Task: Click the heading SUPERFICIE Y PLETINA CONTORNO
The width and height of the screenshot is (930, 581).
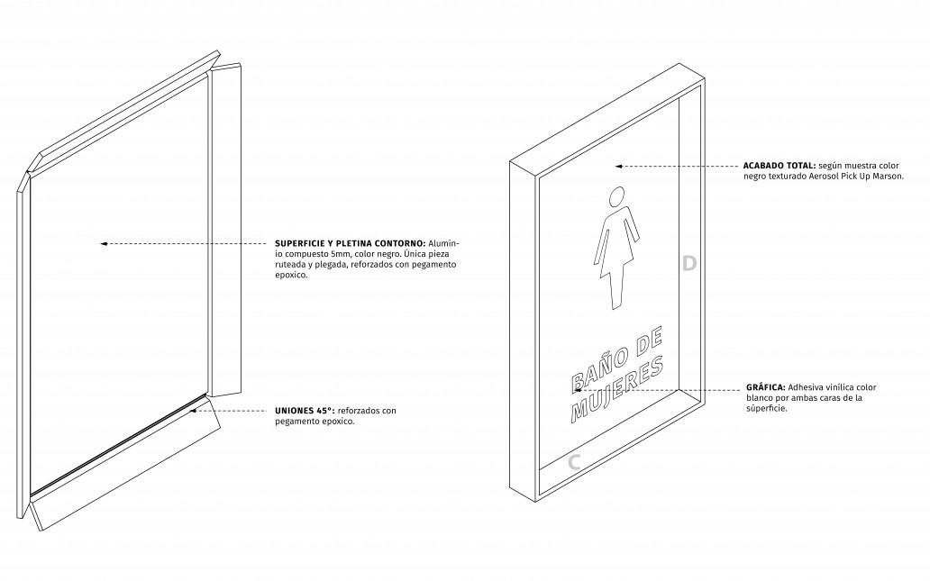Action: point(350,243)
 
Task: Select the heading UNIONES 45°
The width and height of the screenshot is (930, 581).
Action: point(305,410)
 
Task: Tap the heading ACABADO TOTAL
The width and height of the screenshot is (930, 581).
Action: point(780,166)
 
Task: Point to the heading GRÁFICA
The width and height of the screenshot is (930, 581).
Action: point(766,387)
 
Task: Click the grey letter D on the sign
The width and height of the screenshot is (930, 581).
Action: point(688,263)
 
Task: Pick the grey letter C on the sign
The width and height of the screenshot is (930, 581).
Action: point(574,462)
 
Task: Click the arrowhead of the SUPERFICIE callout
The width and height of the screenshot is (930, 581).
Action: point(104,244)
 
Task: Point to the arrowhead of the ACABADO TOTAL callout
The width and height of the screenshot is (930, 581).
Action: point(618,167)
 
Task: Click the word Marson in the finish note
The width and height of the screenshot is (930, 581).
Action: point(889,176)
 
